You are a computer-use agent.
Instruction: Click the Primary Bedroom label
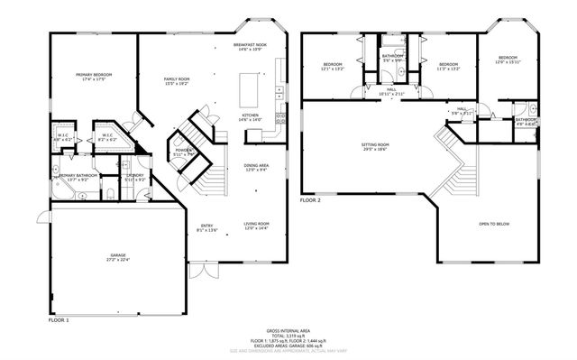pyautogui.click(x=91, y=77)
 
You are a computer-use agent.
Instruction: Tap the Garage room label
pyautogui.click(x=119, y=257)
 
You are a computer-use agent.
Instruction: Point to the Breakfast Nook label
pyautogui.click(x=250, y=46)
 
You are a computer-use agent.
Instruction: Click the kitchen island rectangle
pyautogui.click(x=249, y=88)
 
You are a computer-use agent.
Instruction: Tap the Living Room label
pyautogui.click(x=257, y=226)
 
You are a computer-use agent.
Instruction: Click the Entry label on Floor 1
pyautogui.click(x=206, y=226)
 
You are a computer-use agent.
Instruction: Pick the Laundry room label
pyautogui.click(x=135, y=177)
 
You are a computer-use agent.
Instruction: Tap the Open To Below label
pyautogui.click(x=493, y=225)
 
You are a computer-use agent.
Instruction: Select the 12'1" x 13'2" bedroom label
pyautogui.click(x=334, y=67)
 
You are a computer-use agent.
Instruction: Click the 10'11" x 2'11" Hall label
pyautogui.click(x=392, y=91)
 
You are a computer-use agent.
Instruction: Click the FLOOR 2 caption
pyautogui.click(x=311, y=198)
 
